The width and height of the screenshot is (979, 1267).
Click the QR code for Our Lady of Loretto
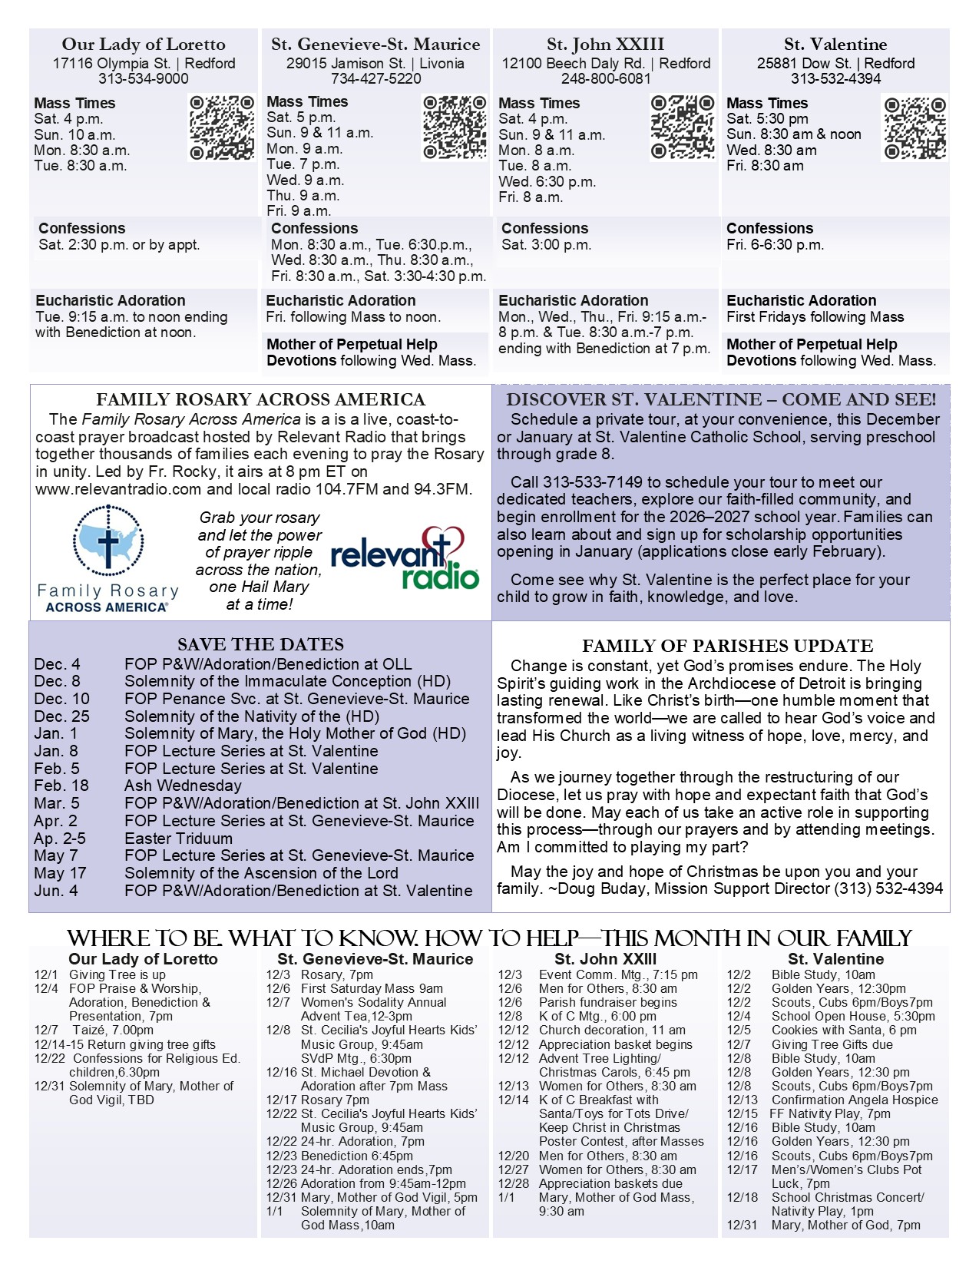pos(222,127)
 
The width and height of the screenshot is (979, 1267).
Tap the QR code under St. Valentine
pos(914,128)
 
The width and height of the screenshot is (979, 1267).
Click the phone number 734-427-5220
pos(375,78)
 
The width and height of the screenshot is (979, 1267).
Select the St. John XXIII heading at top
pos(605,45)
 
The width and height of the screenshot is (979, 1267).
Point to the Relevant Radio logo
pos(405,558)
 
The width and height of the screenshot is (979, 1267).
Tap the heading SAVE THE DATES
pos(260,644)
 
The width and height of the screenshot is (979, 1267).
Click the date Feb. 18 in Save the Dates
pos(61,786)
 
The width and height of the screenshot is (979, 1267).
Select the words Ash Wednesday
pos(183,786)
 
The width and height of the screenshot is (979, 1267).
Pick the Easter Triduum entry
pos(178,839)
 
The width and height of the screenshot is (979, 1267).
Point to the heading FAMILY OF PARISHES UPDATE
pos(727,646)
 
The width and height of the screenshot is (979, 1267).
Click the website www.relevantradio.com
pos(118,489)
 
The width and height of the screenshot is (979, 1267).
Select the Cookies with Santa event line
pos(843,1030)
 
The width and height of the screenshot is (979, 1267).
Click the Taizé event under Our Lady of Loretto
pos(112,1030)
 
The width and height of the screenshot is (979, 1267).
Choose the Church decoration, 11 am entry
pos(611,1030)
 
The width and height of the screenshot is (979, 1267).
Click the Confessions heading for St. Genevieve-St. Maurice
pos(314,228)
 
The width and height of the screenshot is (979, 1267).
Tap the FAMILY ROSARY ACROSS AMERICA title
pos(260,399)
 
